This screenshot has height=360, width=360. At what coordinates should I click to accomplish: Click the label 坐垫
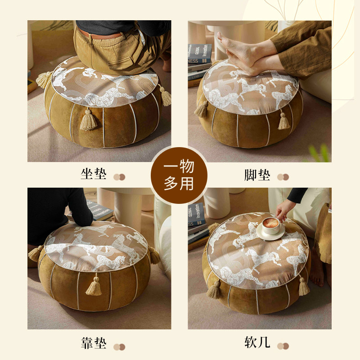(x=93, y=174)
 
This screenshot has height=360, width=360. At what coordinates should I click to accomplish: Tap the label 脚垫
(x=257, y=175)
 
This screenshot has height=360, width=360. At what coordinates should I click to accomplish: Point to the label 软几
(x=257, y=343)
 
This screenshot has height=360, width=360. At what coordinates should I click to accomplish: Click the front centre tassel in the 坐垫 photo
(x=89, y=119)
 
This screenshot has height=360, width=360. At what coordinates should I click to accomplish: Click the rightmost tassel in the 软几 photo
(x=304, y=286)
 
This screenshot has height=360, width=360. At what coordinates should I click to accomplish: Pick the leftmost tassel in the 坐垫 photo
(x=44, y=80)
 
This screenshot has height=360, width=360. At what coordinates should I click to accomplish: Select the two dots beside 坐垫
(x=119, y=177)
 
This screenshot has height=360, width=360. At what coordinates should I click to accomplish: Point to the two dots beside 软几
(x=283, y=346)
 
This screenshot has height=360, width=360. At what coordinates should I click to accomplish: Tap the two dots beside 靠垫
(x=119, y=346)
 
